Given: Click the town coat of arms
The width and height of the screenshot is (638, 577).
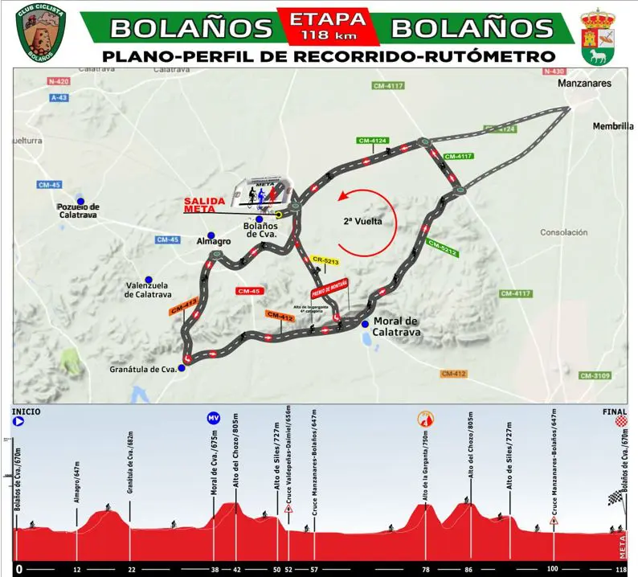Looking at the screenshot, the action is [598, 36].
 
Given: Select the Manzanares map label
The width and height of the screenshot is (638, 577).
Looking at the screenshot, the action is [586, 83].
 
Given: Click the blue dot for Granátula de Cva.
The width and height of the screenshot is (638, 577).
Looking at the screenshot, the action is [182, 368].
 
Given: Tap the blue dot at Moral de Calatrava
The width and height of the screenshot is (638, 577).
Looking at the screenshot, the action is [365, 324].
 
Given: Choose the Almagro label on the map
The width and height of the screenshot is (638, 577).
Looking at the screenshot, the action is [213, 240].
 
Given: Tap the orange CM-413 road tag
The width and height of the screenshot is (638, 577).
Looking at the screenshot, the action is [183, 305].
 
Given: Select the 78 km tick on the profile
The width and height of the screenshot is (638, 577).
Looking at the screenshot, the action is [427, 568].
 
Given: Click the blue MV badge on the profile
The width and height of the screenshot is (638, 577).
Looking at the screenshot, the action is [213, 418].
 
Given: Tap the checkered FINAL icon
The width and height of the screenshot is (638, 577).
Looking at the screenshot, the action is [620, 420].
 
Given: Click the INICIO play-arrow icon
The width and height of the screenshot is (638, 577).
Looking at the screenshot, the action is [18, 419].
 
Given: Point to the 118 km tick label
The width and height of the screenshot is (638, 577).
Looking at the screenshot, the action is [620, 568].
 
